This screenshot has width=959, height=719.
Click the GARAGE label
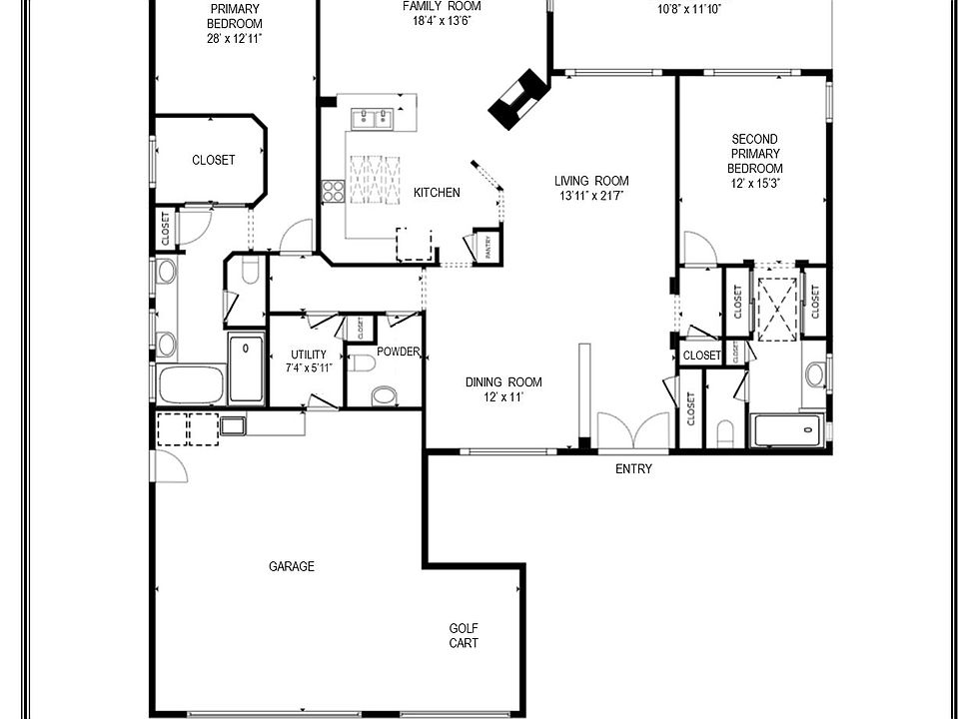pos(292,566)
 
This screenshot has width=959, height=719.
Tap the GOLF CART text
pos(463,636)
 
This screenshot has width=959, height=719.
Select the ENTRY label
pos(633,469)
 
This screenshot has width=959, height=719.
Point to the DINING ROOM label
pos(503,382)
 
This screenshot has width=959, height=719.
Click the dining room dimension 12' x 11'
pos(503,397)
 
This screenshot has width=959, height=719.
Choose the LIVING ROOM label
pos(592,181)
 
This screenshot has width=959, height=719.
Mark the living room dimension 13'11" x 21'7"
pos(592,197)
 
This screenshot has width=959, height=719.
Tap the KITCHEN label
pos(437,193)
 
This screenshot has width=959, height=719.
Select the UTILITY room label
pos(308,355)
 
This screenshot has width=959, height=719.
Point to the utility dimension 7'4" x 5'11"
pos(308,368)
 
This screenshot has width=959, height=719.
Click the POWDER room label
pos(398,352)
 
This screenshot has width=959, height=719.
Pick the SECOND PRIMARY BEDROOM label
pos(754,154)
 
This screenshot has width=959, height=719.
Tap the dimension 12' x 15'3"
pos(754,185)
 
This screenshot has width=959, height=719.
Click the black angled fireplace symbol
pos(517,100)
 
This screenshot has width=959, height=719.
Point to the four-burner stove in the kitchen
pos(334,190)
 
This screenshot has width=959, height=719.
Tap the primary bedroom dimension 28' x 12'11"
pos(235,39)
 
